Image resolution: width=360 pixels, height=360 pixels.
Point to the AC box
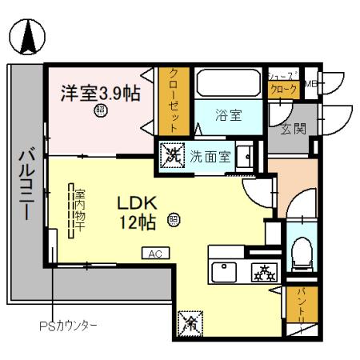click(x=155, y=254)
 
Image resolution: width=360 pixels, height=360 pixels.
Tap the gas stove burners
click(x=261, y=271)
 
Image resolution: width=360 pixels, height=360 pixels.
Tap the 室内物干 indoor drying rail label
click(x=80, y=210)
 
